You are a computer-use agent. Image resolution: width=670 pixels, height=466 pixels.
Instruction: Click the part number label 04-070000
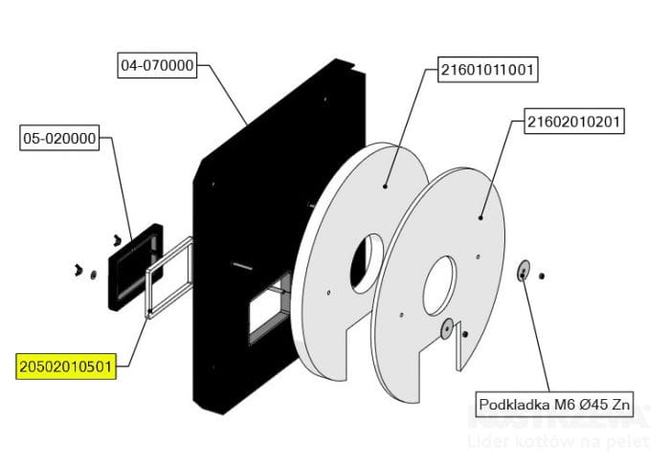[157, 66]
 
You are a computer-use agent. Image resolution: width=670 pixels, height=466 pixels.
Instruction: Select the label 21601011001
[487, 70]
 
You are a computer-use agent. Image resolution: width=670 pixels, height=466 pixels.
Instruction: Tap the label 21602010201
[574, 122]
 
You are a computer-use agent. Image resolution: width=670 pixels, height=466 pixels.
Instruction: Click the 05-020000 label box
[58, 139]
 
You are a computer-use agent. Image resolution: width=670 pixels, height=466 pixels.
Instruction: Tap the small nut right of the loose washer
[542, 277]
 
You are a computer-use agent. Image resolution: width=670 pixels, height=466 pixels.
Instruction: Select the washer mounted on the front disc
[446, 328]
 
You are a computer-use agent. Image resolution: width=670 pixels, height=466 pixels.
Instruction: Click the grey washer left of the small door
[93, 276]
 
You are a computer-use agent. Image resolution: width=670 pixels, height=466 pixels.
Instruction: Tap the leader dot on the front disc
[476, 219]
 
